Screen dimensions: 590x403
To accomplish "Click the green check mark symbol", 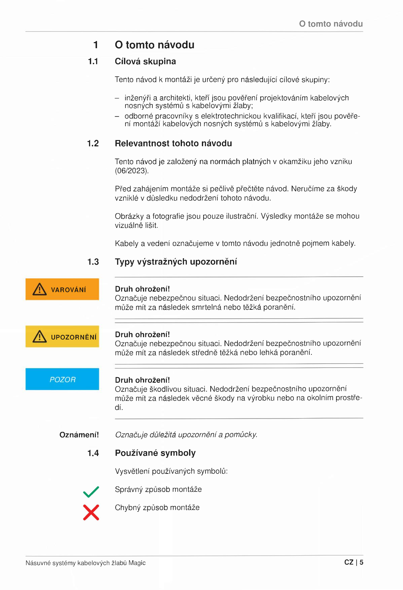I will (91, 492).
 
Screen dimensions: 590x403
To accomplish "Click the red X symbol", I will (91, 512).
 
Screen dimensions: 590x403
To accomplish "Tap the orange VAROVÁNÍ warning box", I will (62, 289).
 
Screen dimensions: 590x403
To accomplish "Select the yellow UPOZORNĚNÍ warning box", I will (62, 336).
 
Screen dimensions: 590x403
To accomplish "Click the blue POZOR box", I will (62, 379).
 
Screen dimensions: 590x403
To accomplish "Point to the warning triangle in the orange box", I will (40, 289).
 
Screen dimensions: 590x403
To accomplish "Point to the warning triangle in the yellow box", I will (40, 337).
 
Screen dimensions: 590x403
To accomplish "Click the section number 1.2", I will (93, 143).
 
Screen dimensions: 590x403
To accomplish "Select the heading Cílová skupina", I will (145, 61).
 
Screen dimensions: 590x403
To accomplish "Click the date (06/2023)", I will (132, 171).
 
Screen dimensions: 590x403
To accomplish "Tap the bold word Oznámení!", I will (79, 435).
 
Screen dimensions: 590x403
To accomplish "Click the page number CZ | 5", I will (353, 562).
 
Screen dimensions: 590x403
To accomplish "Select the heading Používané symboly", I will (155, 453).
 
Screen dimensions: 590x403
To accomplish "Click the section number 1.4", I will (93, 453).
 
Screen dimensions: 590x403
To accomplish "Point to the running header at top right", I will (331, 24).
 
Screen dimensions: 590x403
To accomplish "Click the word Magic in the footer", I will (137, 563).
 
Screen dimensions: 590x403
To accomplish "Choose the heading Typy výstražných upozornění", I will (176, 262).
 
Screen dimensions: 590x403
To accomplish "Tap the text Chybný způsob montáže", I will (157, 507).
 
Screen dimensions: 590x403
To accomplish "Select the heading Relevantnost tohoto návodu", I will (173, 143).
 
